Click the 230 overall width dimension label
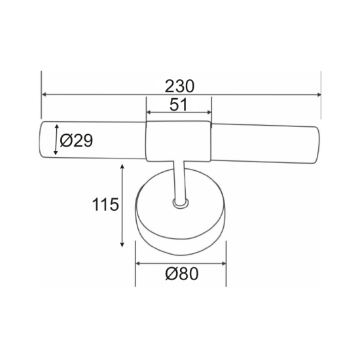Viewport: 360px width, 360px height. [181, 86]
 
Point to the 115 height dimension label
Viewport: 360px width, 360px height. [104, 205]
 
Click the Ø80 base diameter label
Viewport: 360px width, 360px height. [180, 274]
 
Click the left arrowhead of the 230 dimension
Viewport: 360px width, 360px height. [45, 96]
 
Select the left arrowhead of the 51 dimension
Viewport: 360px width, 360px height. [149, 113]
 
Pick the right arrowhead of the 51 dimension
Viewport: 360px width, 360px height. [207, 113]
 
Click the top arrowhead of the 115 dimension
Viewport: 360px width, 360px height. [123, 168]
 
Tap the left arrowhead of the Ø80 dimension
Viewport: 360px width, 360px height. [138, 263]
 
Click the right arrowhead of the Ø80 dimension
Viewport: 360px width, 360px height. [223, 263]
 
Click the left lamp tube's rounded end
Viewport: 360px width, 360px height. [45, 139]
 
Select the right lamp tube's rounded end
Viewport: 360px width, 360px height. [315, 142]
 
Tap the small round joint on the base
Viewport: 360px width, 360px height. [179, 204]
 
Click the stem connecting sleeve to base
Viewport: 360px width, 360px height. [179, 180]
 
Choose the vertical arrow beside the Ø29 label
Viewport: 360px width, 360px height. [56, 139]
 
